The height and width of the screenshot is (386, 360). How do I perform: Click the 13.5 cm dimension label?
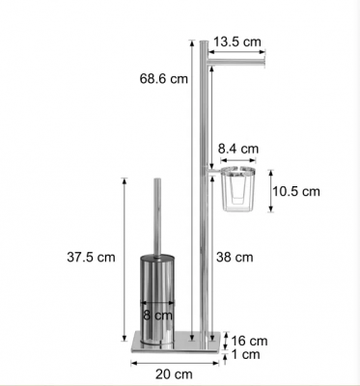coord(237,41)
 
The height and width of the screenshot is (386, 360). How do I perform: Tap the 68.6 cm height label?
coord(163,79)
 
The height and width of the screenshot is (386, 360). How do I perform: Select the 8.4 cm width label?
coord(238,149)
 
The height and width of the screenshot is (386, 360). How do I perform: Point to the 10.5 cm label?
coord(296,191)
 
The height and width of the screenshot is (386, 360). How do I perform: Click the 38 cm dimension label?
coord(235,258)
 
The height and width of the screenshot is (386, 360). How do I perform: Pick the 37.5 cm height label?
coord(91,258)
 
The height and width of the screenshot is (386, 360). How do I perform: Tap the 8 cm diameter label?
coord(157,316)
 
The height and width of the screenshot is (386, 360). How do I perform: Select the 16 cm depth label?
coord(249,341)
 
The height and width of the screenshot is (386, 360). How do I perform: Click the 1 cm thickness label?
coord(246,354)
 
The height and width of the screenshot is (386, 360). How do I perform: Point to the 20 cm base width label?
coord(174,374)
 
